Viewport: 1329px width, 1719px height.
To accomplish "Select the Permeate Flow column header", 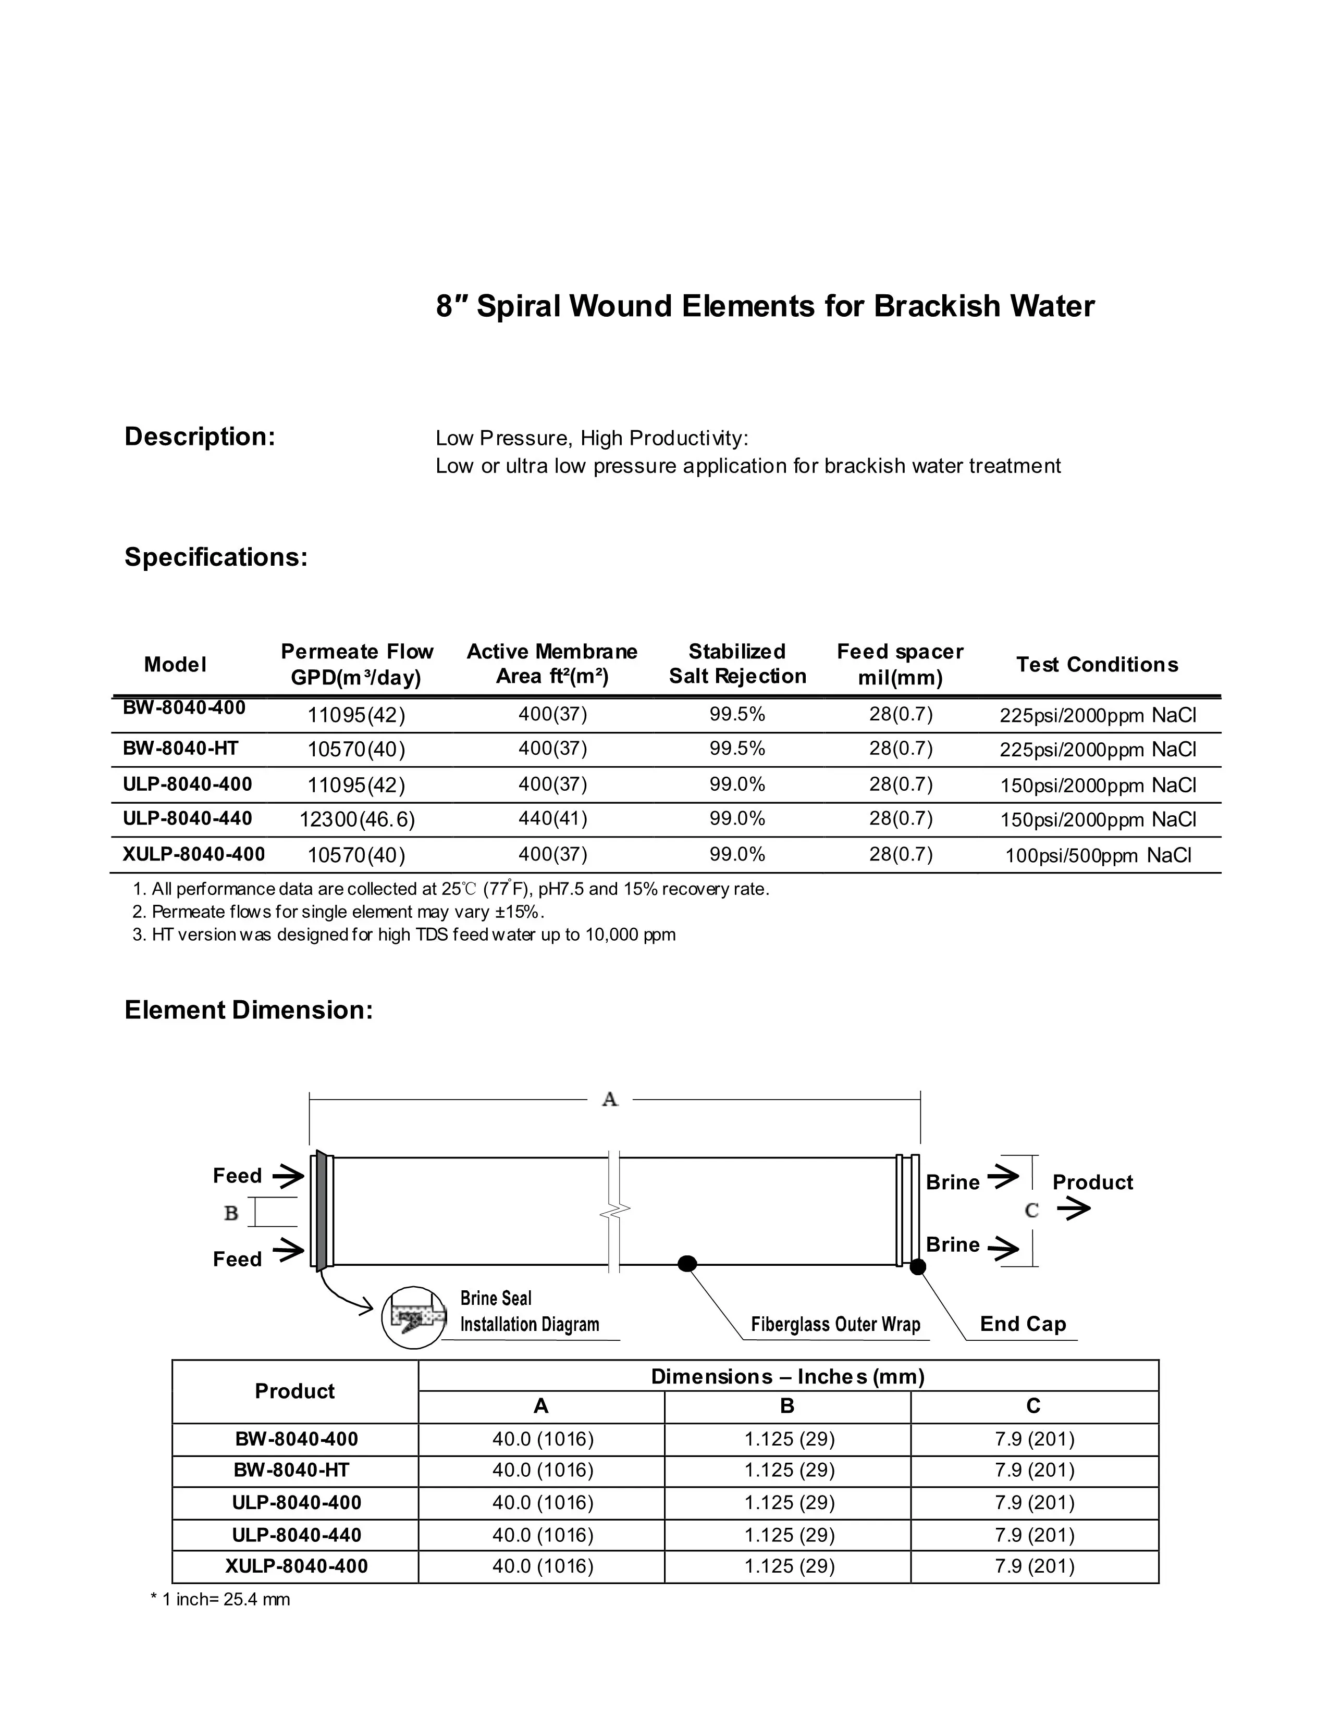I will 356,664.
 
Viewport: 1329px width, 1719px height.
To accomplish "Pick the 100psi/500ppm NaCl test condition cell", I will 1098,855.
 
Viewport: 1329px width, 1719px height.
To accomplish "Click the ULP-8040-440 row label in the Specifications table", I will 188,818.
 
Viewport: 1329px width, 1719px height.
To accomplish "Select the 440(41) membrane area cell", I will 552,818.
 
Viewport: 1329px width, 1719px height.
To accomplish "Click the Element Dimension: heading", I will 249,1010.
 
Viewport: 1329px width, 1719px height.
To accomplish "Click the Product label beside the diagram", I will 1092,1182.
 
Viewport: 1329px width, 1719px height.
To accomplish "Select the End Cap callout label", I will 1023,1324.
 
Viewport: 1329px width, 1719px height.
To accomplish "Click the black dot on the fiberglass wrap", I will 687,1264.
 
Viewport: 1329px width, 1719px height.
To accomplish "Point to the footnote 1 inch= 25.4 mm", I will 220,1599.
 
